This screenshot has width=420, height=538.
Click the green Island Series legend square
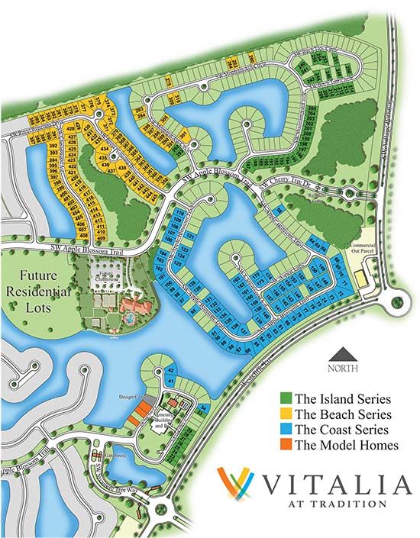[286, 398]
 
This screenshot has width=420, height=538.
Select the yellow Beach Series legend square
[286, 414]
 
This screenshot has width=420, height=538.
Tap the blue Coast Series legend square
[286, 429]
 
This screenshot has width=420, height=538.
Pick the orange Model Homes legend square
[286, 444]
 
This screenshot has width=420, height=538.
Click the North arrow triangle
[344, 353]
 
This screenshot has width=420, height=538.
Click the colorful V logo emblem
[234, 484]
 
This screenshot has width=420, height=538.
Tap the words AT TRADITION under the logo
[340, 504]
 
